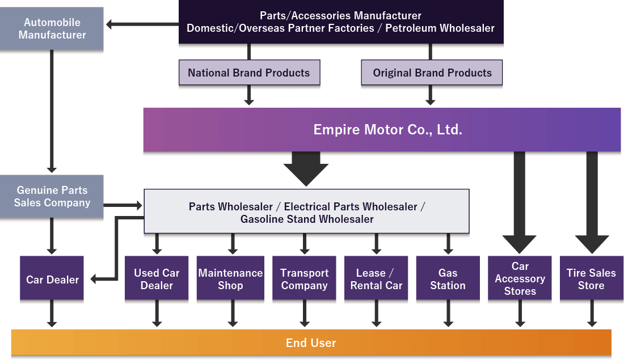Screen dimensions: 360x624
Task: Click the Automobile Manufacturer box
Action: click(x=52, y=28)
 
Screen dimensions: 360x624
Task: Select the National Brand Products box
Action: click(x=249, y=73)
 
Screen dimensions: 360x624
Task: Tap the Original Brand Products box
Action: click(x=432, y=73)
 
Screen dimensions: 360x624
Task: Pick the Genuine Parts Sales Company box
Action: click(x=52, y=197)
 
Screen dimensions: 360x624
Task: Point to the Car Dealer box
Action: click(x=52, y=279)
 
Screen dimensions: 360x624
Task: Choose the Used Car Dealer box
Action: click(x=157, y=279)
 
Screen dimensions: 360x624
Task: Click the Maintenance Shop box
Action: click(x=230, y=279)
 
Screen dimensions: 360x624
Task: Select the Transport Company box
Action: click(x=305, y=279)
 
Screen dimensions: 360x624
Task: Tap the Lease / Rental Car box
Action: click(x=376, y=279)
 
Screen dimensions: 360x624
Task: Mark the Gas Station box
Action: click(x=448, y=279)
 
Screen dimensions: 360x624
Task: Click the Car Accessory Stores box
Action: click(x=520, y=279)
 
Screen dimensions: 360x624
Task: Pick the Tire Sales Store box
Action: click(x=591, y=279)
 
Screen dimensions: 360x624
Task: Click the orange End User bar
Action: click(x=311, y=342)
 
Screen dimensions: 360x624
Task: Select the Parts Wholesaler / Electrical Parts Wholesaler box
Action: click(x=306, y=212)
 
